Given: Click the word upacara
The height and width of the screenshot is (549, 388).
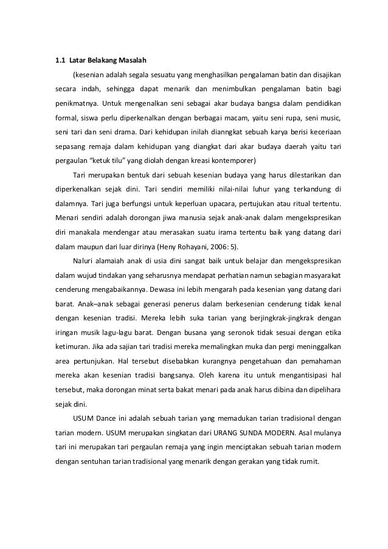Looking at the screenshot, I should tap(209, 202).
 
